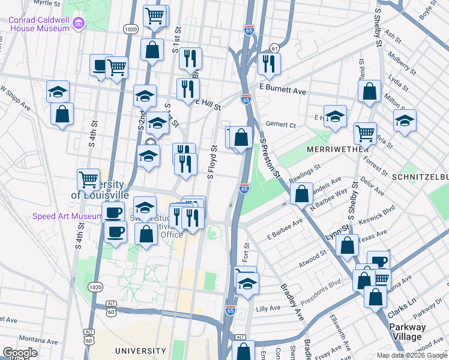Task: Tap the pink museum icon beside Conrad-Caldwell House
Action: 78,23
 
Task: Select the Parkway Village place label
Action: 407,332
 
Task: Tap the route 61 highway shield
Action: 274,48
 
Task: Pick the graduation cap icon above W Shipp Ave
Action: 58,91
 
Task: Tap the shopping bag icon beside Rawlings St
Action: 301,193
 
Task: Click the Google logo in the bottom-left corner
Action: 19,353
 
